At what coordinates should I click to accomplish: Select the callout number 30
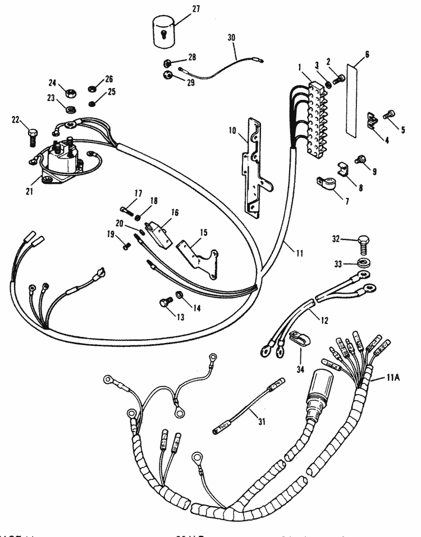coord(232,37)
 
